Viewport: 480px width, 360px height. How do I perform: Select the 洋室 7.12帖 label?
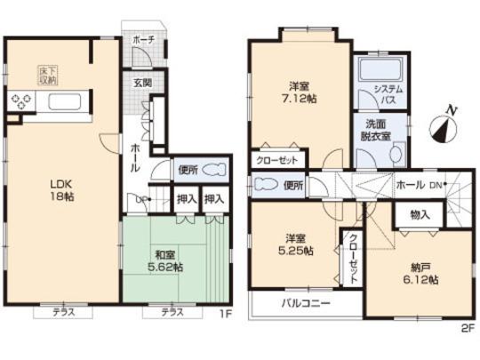(x=298, y=92)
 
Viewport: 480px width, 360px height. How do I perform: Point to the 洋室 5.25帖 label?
(x=298, y=244)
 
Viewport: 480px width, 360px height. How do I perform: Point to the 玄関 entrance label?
(x=142, y=83)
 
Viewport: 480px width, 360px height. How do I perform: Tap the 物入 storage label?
(x=420, y=214)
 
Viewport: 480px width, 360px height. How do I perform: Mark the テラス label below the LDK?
(x=60, y=312)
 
